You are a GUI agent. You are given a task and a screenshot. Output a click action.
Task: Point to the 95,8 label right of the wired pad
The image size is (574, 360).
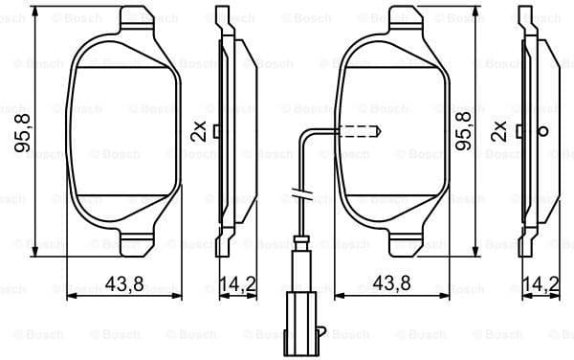pyautogui.click(x=464, y=132)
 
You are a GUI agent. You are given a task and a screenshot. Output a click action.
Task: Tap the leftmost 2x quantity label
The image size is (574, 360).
pyautogui.click(x=198, y=132)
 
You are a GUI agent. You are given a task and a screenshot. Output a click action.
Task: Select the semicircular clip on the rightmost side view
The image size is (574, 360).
pyautogui.click(x=543, y=131)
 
